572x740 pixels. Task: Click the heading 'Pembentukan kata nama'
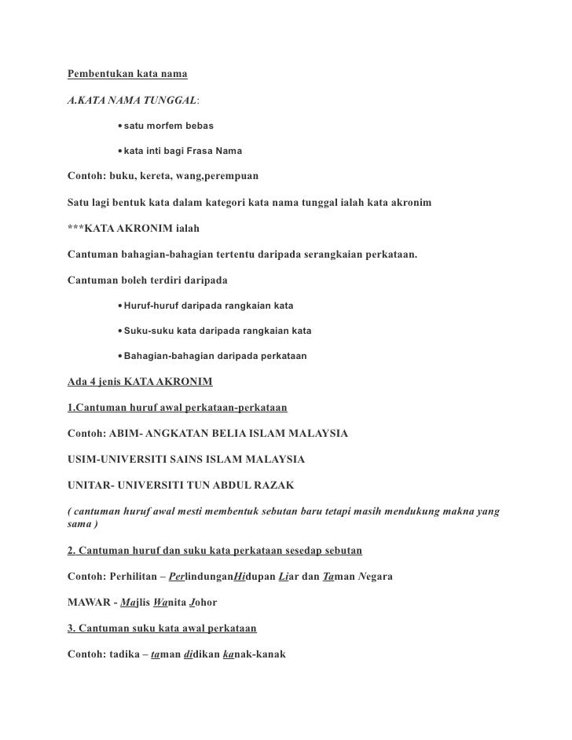[127, 75]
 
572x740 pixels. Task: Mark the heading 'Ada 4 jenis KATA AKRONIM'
[140, 383]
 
